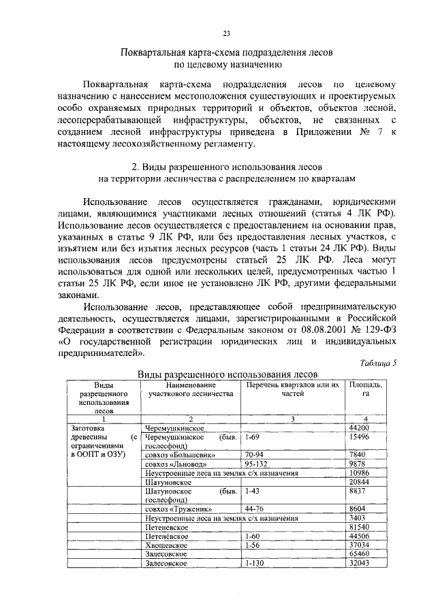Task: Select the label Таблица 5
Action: coord(377,363)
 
